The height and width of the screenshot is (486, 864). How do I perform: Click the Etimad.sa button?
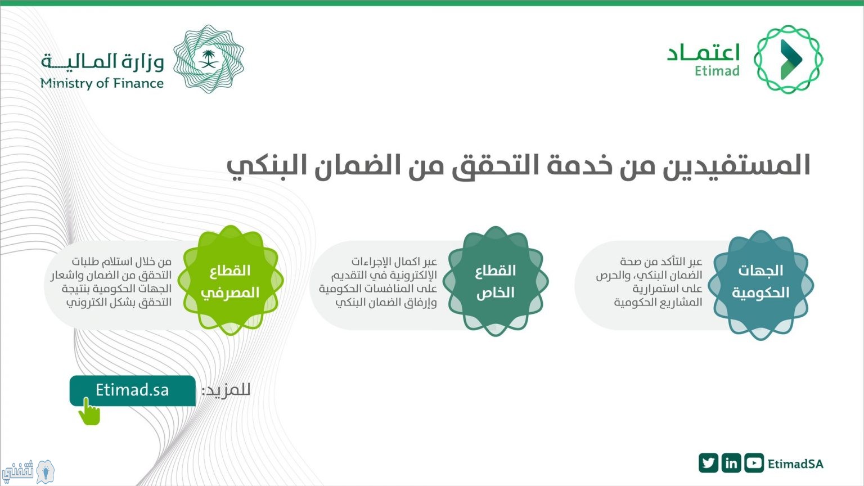point(132,390)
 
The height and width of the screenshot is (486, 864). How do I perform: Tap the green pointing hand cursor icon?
point(89,412)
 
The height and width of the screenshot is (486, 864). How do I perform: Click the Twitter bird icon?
point(708,463)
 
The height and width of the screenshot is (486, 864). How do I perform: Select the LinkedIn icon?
point(731,463)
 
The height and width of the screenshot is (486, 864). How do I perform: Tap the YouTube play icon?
point(754,463)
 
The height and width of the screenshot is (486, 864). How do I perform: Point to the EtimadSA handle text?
point(795,463)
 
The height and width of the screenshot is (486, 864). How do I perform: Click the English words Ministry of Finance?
point(102,83)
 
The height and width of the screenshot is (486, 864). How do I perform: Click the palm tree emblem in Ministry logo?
point(209,59)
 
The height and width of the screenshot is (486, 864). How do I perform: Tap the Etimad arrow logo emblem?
point(788,59)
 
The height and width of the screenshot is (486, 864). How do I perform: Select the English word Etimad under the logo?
point(717,71)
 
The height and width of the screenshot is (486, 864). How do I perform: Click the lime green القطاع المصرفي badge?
point(231,281)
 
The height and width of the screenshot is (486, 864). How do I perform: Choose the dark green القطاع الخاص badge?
point(496,281)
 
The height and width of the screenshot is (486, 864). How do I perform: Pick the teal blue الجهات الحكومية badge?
point(760,285)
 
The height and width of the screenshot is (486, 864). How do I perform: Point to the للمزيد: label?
point(226,390)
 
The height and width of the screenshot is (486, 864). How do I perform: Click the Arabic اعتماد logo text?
point(703,53)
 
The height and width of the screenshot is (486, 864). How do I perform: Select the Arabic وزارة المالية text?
point(102,61)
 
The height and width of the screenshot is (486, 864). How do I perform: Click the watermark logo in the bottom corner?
point(28,471)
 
